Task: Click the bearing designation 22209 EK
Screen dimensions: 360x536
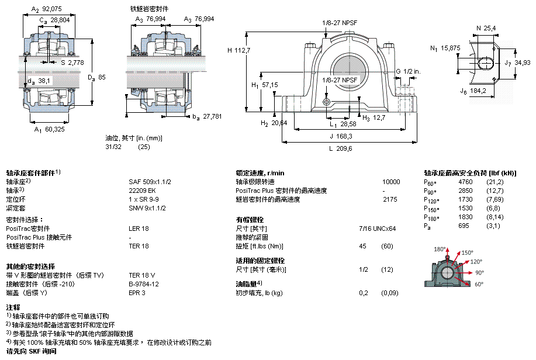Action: tap(142, 191)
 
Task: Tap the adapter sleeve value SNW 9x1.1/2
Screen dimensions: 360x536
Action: tap(148, 208)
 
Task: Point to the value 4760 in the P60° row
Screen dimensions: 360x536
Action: tap(465, 182)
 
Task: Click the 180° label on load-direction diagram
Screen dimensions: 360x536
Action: tap(438, 250)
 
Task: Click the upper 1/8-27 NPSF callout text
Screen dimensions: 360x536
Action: tap(340, 23)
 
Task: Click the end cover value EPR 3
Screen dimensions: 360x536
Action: tap(137, 293)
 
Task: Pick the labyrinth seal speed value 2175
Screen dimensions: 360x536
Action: tap(389, 199)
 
